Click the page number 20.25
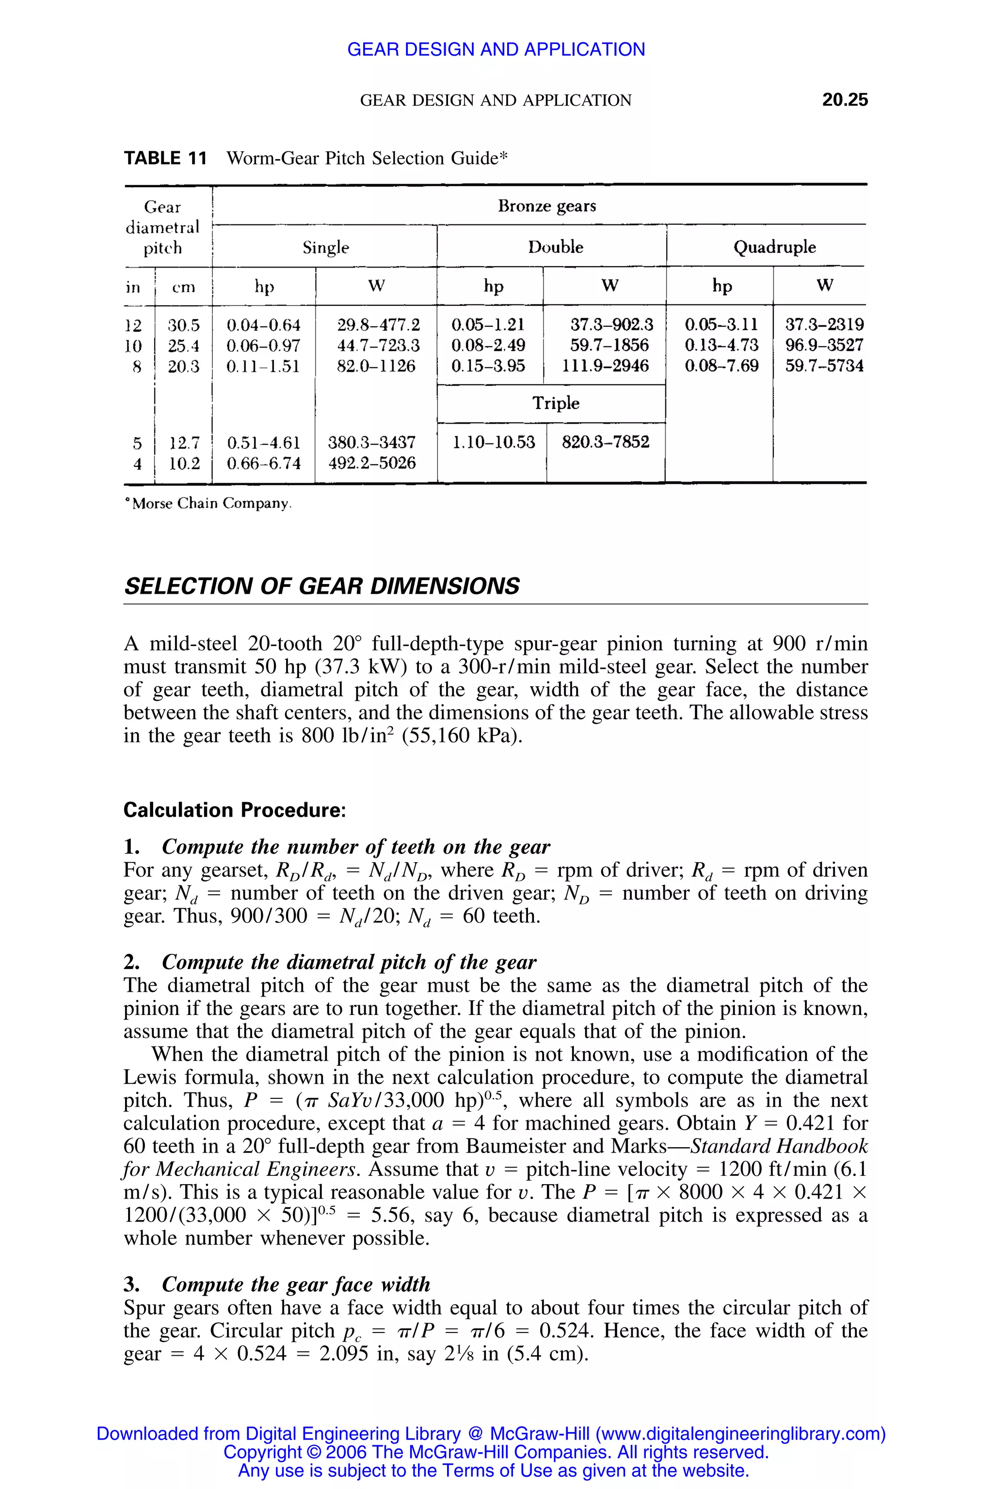845,100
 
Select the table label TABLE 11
165,158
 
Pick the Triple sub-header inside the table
555,403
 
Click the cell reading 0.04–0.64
263,325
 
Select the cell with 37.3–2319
824,325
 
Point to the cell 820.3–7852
606,442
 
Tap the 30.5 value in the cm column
184,325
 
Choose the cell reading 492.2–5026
372,463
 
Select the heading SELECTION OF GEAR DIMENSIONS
322,586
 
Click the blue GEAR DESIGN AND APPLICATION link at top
496,49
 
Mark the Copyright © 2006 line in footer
496,1452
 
